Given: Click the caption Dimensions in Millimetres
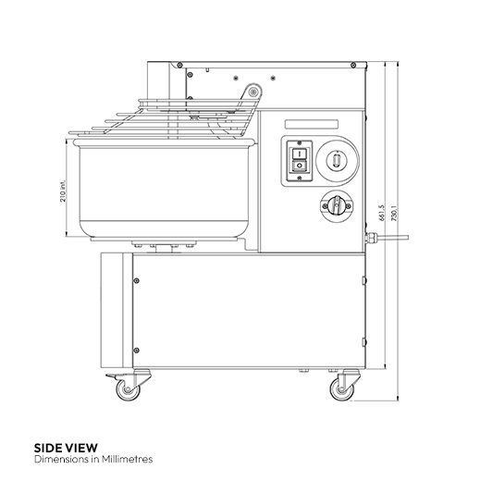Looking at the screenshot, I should click(92, 459).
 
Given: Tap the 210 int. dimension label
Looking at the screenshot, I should click(63, 191).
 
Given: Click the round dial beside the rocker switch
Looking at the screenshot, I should click(336, 161).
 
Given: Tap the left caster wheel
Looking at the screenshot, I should click(127, 389).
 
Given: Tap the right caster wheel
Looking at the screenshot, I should click(344, 389).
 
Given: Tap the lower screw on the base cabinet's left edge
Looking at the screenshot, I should click(137, 349).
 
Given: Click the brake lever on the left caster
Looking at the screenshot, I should click(111, 381).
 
